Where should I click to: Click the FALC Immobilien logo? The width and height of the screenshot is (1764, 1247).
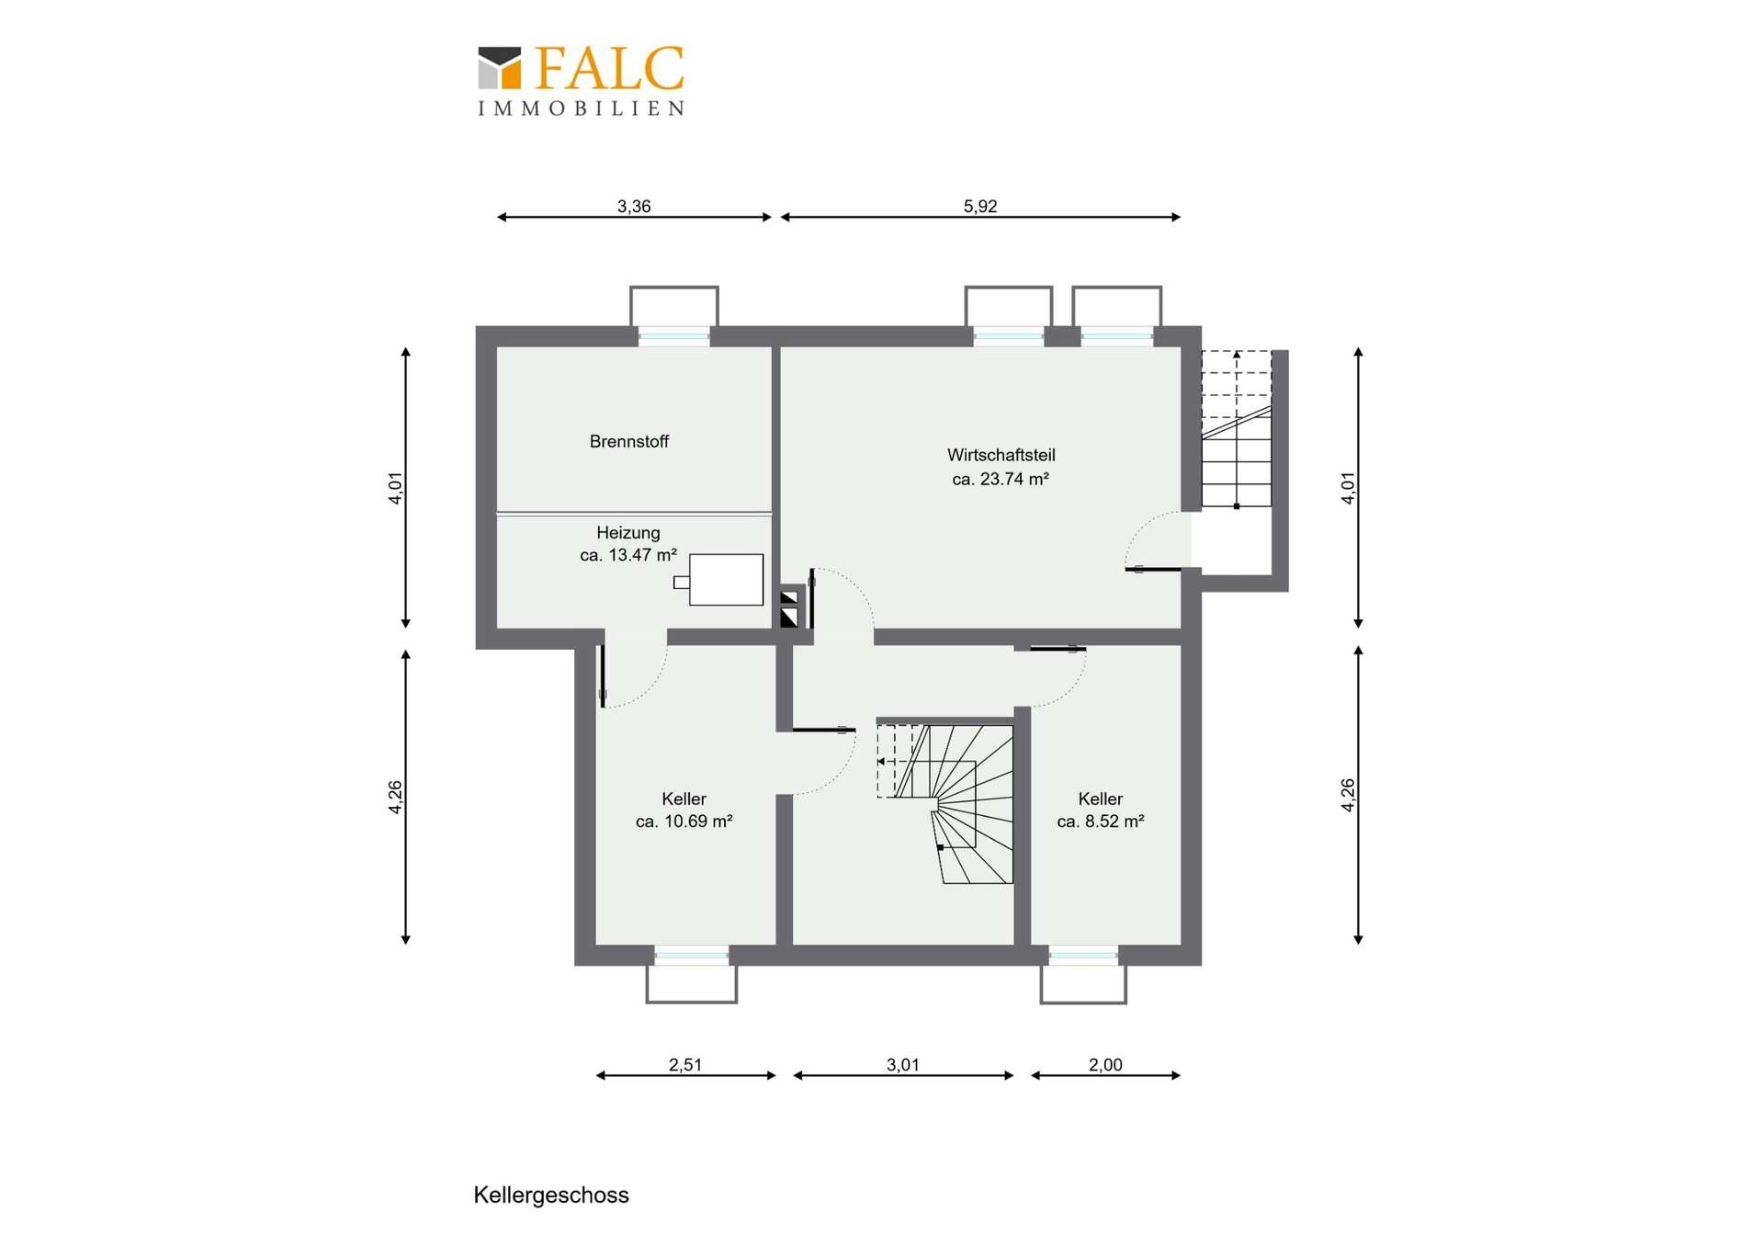581,81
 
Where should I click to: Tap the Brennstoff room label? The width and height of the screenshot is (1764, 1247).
629,441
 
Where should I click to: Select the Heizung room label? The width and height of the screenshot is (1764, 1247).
628,532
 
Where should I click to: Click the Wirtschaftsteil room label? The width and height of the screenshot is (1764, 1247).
1001,455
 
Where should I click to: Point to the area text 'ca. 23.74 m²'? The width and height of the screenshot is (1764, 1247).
1001,479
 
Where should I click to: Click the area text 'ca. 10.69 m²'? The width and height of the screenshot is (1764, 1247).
684,822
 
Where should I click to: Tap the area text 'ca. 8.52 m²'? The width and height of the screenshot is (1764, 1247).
1101,822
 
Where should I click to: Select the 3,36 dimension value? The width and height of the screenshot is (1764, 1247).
634,206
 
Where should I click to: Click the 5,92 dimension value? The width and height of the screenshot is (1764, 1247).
980,206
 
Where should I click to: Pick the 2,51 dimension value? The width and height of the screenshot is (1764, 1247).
685,1064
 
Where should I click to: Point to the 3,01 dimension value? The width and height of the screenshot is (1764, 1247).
903,1064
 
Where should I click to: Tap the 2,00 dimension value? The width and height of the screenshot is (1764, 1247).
1105,1064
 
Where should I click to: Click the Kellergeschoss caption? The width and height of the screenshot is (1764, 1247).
551,1195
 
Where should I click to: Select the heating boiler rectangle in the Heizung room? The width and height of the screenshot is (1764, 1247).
726,580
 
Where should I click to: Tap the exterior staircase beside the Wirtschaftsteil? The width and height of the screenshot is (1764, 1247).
1237,429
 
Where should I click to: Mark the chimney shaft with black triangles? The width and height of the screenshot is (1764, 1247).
789,607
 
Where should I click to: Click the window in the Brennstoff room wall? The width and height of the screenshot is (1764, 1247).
674,336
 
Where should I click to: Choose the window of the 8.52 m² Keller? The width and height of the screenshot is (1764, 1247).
1083,956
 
